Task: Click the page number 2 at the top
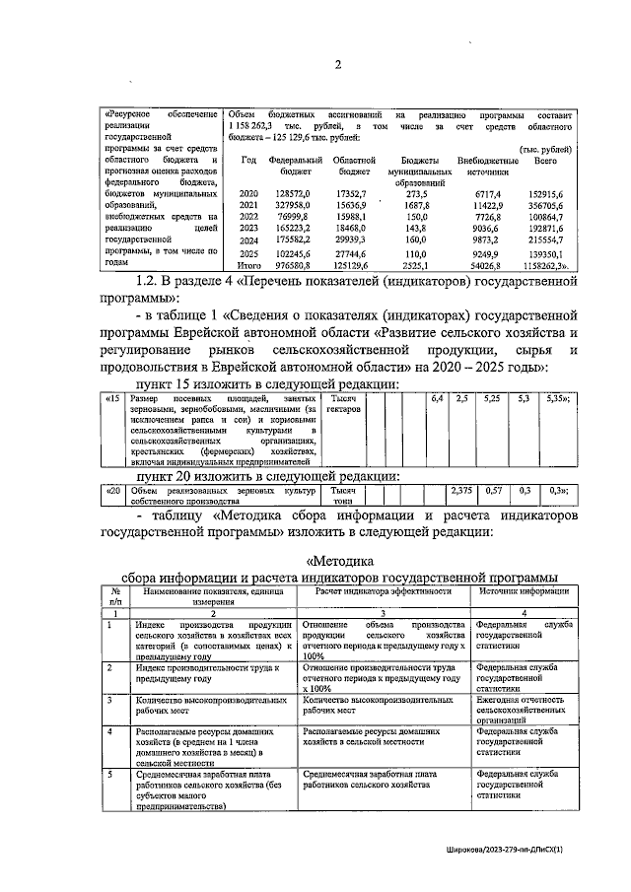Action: pyautogui.click(x=336, y=66)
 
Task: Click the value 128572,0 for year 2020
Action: pyautogui.click(x=294, y=196)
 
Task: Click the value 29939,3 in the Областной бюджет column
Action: pyautogui.click(x=351, y=239)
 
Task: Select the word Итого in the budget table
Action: pyautogui.click(x=247, y=266)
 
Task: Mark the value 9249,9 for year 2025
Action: pyautogui.click(x=489, y=252)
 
